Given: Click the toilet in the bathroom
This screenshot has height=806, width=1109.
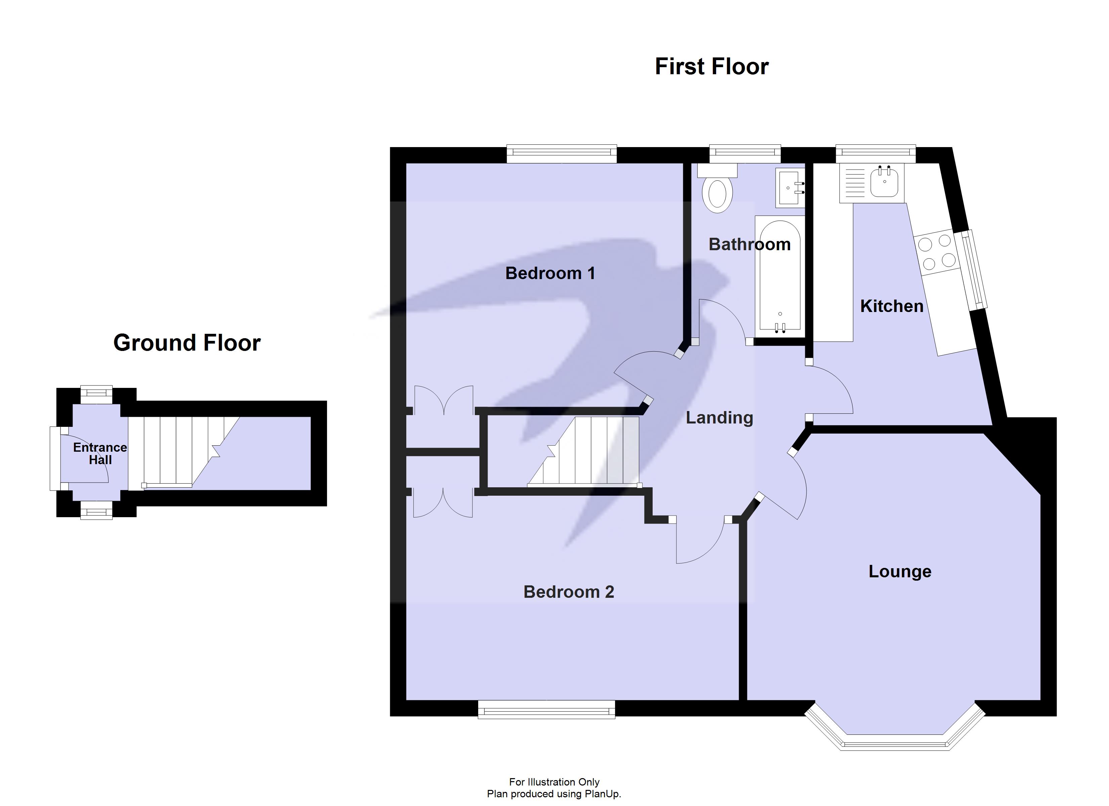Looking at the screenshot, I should (717, 193).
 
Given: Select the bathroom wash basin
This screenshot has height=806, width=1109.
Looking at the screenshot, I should (789, 188).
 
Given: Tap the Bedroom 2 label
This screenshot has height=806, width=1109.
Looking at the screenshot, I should (568, 592).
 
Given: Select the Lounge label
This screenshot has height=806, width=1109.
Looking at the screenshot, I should (900, 571).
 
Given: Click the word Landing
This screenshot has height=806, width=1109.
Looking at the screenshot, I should (719, 417).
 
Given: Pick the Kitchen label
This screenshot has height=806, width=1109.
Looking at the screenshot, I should (892, 306).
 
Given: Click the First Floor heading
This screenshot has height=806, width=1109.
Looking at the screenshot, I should (711, 66).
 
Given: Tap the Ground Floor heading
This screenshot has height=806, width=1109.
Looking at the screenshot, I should (187, 343).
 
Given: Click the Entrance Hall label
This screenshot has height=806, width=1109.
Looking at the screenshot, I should (100, 454).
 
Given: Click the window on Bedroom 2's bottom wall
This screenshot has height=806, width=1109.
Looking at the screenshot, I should (546, 709).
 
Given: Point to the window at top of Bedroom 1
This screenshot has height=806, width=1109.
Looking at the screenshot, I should (561, 153).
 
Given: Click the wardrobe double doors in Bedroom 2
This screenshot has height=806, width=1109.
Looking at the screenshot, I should (443, 502).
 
